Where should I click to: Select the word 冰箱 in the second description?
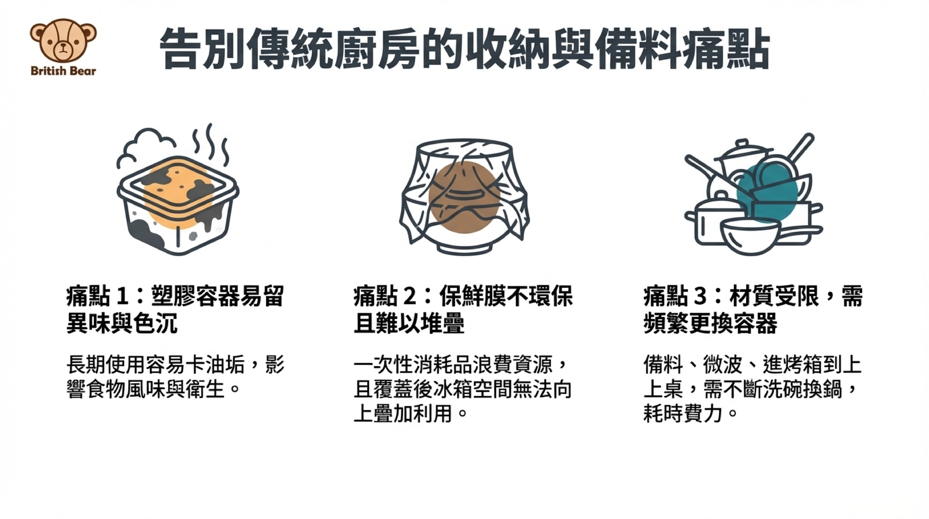[x=452, y=389]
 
